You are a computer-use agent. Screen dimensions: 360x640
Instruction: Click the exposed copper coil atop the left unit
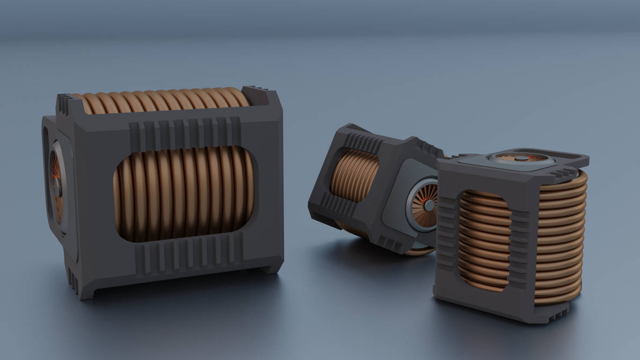point(161,100)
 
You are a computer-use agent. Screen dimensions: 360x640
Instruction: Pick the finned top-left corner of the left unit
point(64,105)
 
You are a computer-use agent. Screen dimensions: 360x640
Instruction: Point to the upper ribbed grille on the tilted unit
point(365,142)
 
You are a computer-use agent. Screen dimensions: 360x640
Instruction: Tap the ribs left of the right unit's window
point(447,236)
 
